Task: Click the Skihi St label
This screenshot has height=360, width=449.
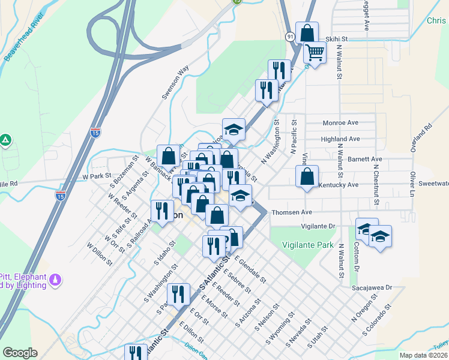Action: click(x=336, y=39)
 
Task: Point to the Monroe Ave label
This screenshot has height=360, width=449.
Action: click(x=340, y=122)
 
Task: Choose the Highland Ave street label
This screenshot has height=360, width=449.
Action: click(x=340, y=139)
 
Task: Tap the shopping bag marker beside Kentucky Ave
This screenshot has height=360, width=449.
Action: click(x=307, y=176)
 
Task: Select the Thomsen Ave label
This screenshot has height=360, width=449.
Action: click(x=292, y=212)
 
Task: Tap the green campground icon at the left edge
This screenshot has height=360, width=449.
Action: click(x=5, y=140)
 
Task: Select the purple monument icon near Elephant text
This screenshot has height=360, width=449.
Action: click(x=56, y=280)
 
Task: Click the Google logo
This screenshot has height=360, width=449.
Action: click(x=20, y=353)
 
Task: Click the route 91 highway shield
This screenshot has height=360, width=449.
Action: click(x=290, y=37)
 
